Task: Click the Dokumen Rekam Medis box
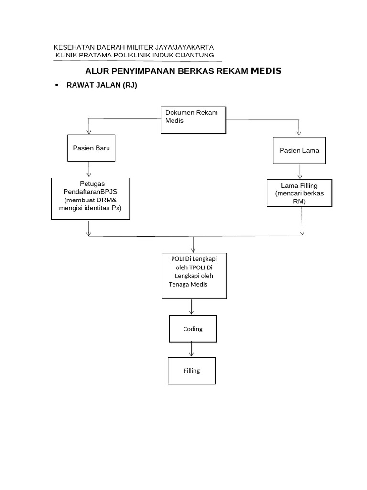pos(193,120)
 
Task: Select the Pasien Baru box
pos(91,148)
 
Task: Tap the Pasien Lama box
pos(299,150)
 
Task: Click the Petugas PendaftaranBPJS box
pos(90,199)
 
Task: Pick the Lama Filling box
pos(299,193)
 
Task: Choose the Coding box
pos(193,329)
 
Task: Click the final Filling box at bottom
pos(191,370)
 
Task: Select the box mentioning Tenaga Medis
pos(194,276)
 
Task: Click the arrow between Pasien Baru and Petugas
pos(89,169)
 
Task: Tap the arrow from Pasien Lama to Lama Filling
pos(299,171)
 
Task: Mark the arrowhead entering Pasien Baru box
pos(89,132)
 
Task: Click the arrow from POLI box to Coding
pos(191,307)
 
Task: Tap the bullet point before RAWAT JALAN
pos(57,85)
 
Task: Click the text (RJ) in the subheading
pos(130,85)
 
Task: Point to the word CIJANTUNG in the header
pos(194,56)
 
